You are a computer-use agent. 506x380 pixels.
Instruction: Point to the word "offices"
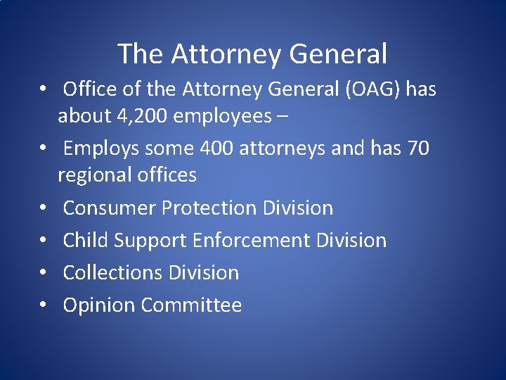click(169, 175)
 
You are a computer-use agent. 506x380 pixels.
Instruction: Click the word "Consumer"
click(110, 208)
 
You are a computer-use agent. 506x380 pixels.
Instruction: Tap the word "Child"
click(84, 240)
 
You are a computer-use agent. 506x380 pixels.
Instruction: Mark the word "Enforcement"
click(251, 240)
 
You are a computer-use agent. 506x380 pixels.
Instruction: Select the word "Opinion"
click(99, 305)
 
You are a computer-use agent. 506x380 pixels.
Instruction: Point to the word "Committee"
click(191, 305)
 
